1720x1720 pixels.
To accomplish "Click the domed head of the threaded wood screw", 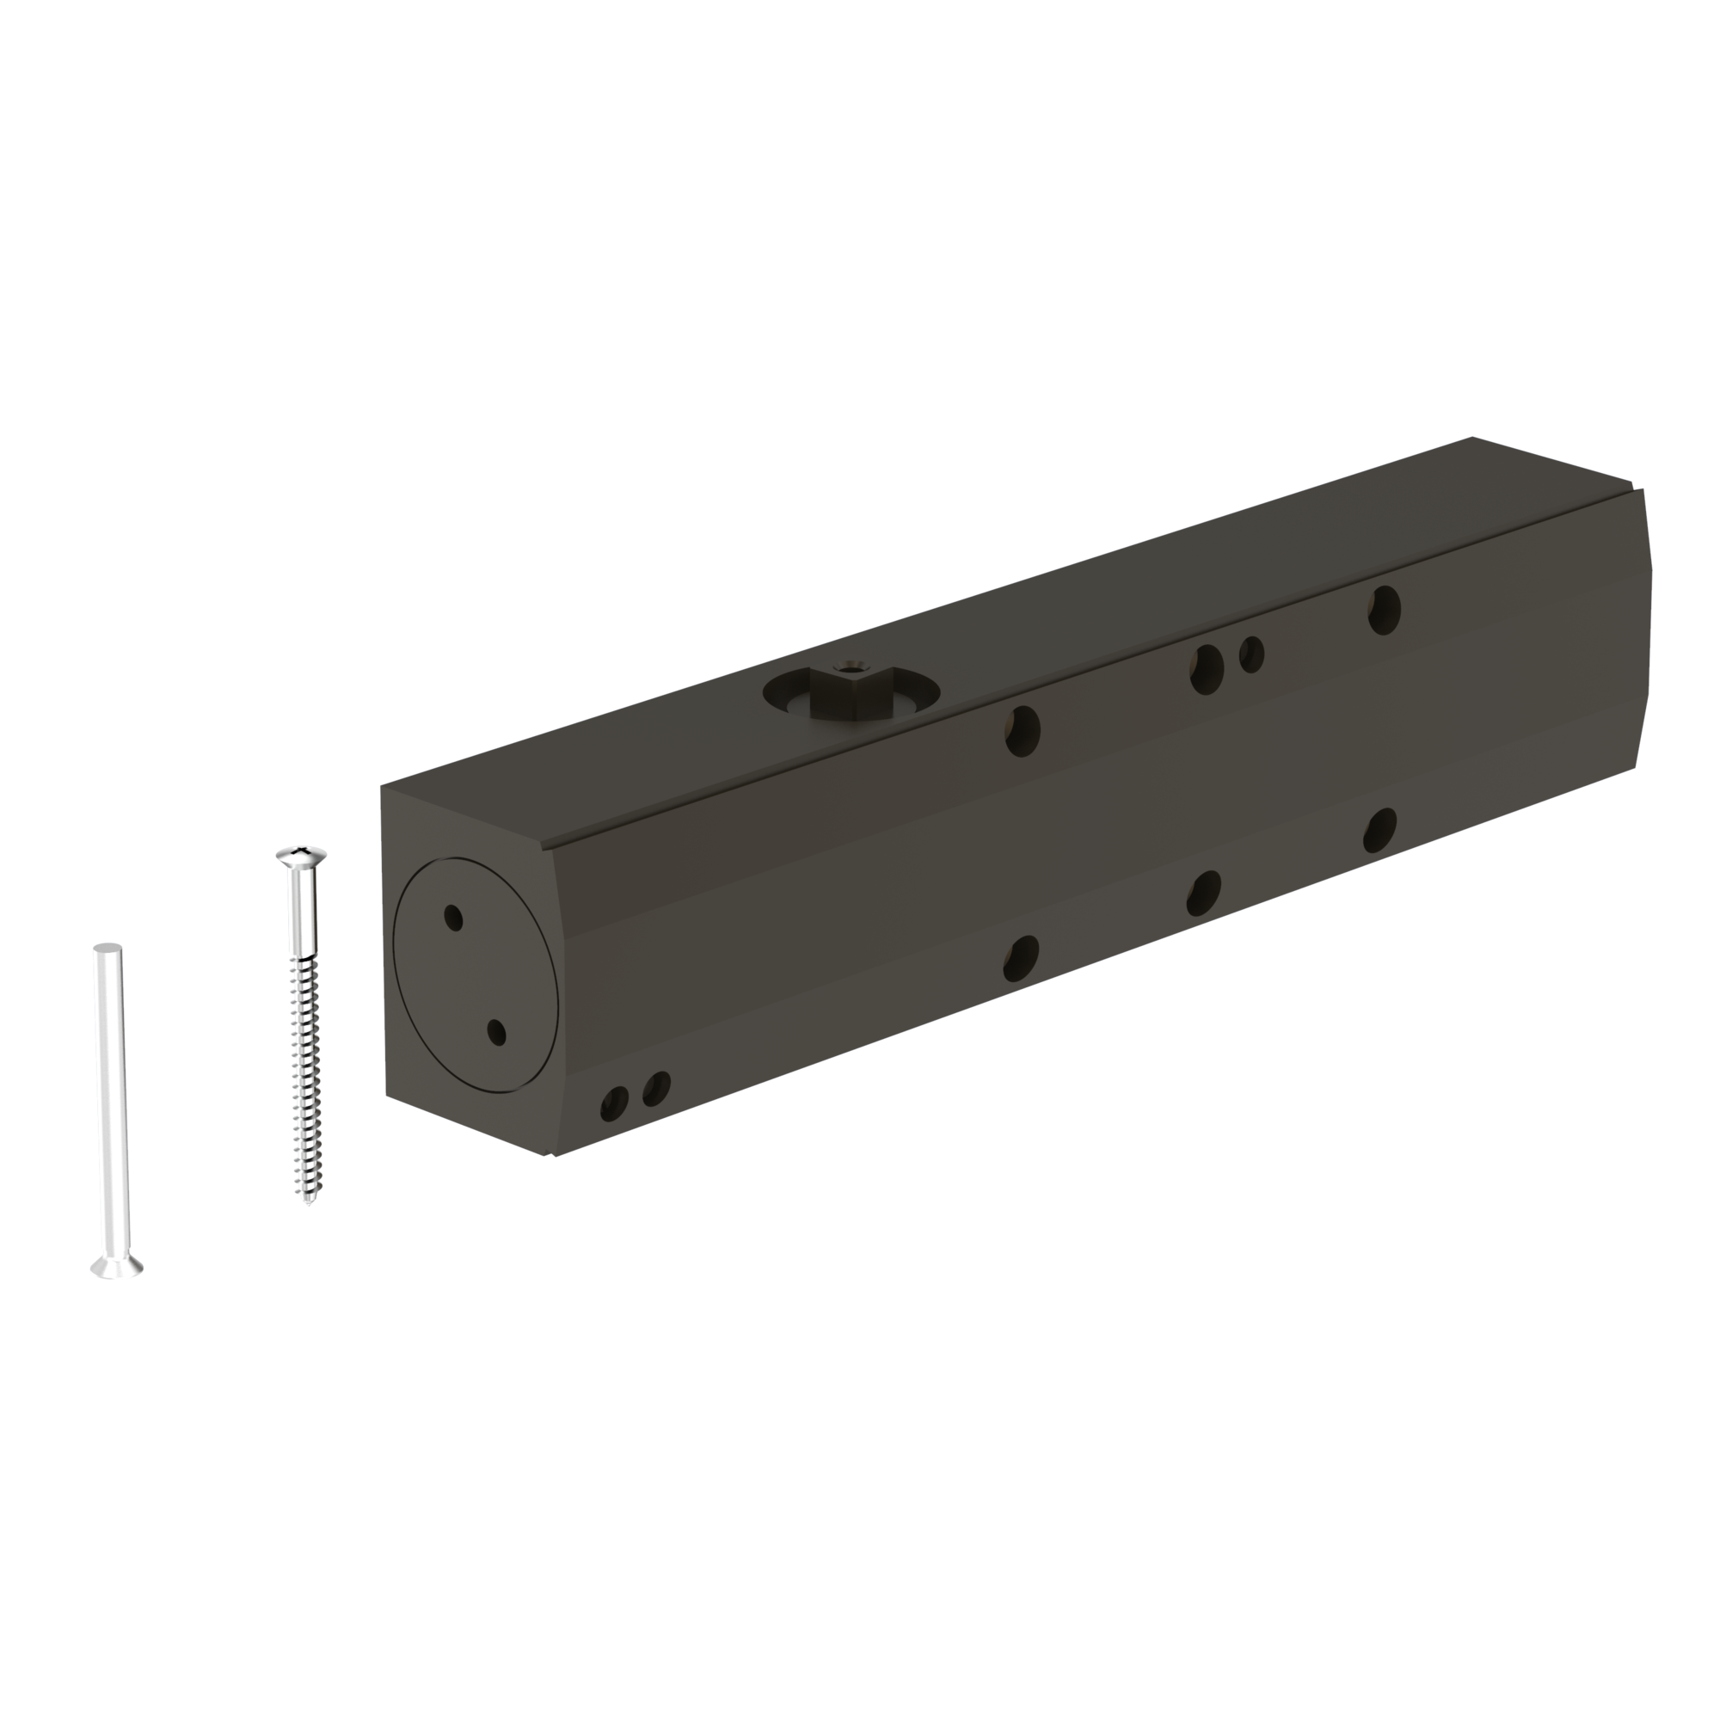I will (302, 857).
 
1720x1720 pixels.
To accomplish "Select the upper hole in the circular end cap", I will (454, 917).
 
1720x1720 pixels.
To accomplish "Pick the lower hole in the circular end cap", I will (497, 1033).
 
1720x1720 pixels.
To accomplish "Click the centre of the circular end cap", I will (475, 972).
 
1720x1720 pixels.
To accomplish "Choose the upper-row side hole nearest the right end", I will (1385, 609).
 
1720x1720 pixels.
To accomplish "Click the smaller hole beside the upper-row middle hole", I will (1251, 654).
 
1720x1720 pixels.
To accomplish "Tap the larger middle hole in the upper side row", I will (1207, 668).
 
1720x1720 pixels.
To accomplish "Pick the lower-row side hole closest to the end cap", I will (1022, 958).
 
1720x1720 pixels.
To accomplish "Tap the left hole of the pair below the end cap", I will (614, 1104).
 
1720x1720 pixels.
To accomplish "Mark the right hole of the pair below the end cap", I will (657, 1087).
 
